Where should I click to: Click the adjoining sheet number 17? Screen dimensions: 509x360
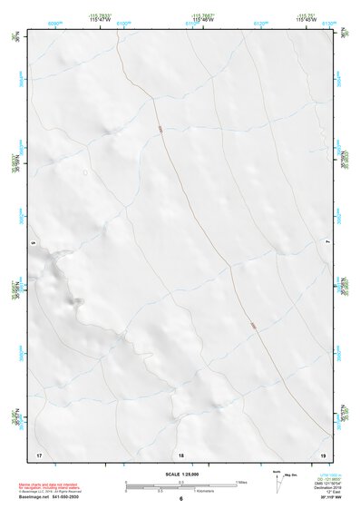38,453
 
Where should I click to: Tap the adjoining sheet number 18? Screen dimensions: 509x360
180,453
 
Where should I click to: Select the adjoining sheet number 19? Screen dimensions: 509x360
323,453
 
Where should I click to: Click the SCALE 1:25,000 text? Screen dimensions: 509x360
180,473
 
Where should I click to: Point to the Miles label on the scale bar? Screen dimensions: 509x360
242,482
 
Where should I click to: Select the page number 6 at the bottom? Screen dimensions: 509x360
180,500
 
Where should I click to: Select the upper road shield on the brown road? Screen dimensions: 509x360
159,130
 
